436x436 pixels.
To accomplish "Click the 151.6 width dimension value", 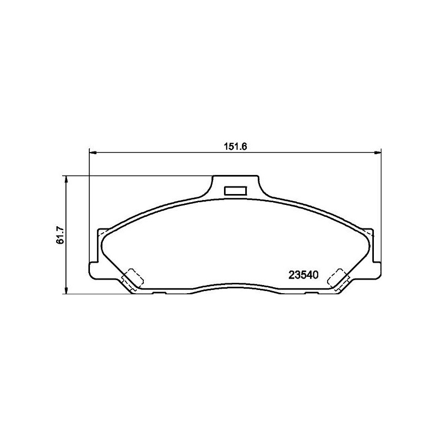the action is click(x=235, y=147).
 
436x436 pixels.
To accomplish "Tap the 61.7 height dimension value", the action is click(x=60, y=235).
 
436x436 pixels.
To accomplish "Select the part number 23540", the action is click(x=304, y=275).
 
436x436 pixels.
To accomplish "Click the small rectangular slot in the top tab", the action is click(x=235, y=191).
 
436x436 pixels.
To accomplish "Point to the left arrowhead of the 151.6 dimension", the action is click(x=93, y=153).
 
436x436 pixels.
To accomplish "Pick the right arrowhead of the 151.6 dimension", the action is click(x=378, y=153).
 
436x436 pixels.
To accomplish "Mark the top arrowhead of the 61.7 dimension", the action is click(x=66, y=179).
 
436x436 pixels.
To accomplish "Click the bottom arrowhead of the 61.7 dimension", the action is click(x=66, y=290).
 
